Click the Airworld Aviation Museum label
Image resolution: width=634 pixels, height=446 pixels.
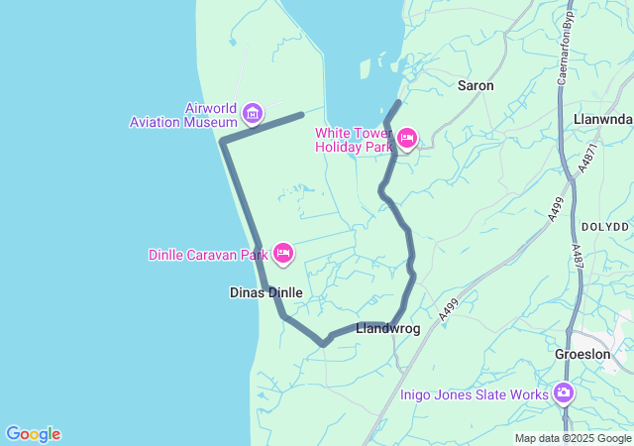(183, 115)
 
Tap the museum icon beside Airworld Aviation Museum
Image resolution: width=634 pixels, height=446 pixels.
(253, 114)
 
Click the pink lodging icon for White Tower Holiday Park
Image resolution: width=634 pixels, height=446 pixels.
(406, 139)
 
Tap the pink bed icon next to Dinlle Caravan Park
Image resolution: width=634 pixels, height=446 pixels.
(283, 255)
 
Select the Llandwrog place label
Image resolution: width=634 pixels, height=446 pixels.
(387, 328)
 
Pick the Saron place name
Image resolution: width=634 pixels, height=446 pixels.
(475, 86)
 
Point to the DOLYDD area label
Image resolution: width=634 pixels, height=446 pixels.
(604, 227)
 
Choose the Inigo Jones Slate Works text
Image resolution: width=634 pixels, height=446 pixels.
(475, 394)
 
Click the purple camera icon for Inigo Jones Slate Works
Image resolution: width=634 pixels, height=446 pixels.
(564, 394)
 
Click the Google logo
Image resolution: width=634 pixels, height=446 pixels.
(33, 434)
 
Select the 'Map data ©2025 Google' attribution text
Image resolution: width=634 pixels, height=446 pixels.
(573, 438)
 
